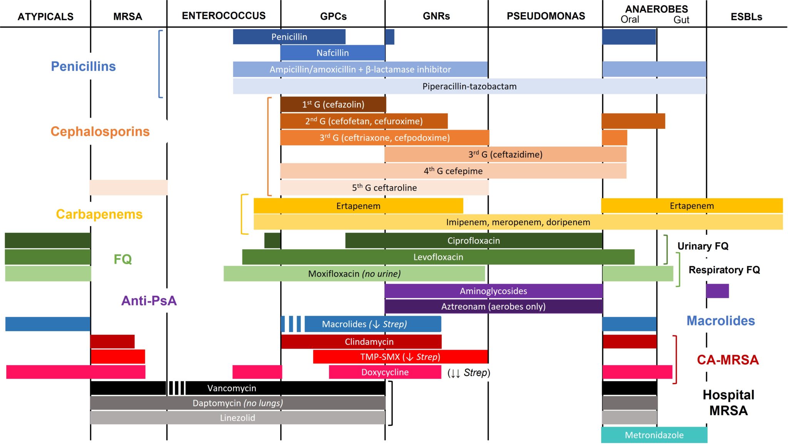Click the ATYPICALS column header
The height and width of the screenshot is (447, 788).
[x=45, y=17]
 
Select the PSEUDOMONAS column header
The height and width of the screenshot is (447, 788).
[x=546, y=16]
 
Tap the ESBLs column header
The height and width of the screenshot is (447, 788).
[x=746, y=17]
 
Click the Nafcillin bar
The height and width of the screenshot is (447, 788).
[x=332, y=53]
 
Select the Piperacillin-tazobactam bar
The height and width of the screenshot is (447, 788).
[x=469, y=86]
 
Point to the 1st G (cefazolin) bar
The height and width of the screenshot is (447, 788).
[x=333, y=104]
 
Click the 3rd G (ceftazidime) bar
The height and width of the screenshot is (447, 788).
[x=505, y=154]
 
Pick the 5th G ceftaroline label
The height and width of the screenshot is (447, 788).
[x=384, y=188]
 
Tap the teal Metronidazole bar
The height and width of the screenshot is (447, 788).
[x=654, y=435]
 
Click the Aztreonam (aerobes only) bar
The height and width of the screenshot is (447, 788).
[x=493, y=307]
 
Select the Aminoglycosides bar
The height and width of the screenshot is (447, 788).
[x=493, y=291]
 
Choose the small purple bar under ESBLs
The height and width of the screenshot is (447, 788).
[x=717, y=291]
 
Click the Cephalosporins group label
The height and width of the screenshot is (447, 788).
[x=100, y=132]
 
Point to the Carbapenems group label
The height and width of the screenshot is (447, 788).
[x=99, y=214]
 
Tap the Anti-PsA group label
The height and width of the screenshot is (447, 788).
[x=149, y=300]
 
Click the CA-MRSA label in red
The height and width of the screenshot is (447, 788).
[x=728, y=360]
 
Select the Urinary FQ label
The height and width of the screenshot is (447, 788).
[x=703, y=246]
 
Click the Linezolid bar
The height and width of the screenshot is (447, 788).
[x=237, y=418]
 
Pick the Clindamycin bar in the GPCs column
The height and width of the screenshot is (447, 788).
[x=361, y=342]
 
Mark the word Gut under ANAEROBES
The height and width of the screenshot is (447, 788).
[x=681, y=20]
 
